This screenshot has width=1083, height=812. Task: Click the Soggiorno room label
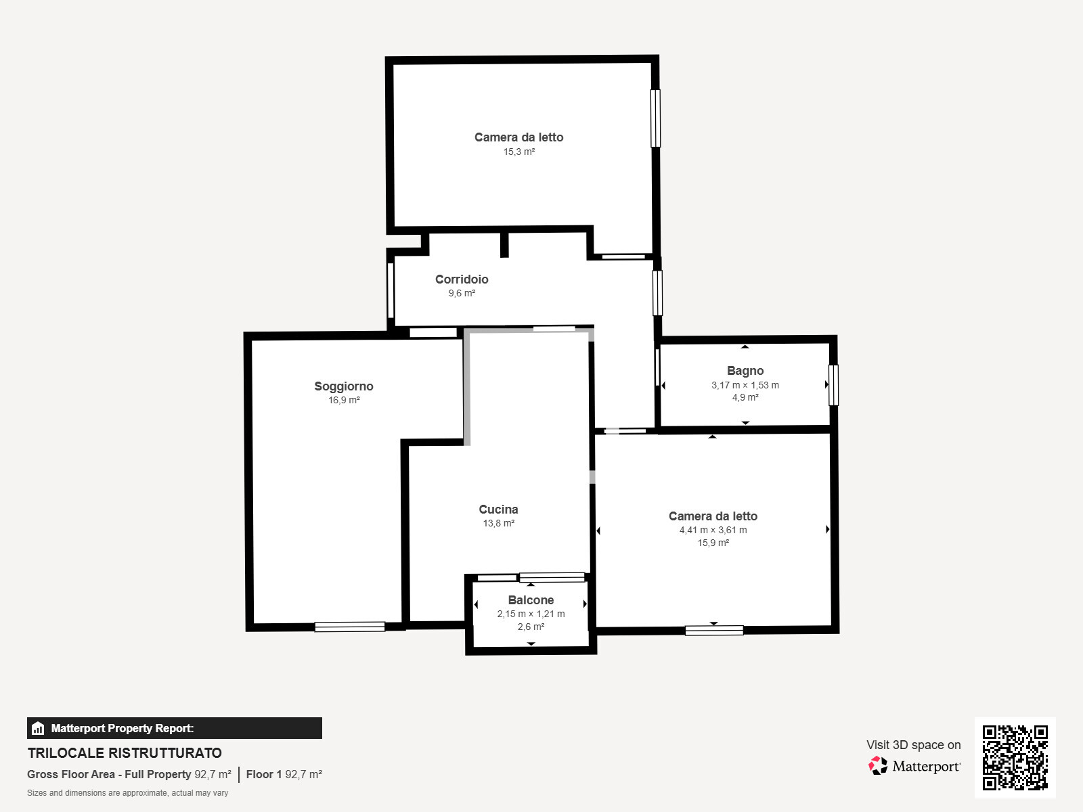344,386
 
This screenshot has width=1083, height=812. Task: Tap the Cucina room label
498,510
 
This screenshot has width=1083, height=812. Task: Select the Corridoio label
462,279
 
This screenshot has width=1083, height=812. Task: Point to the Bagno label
745,371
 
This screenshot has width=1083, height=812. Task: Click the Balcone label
531,600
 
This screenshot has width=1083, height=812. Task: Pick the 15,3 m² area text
519,152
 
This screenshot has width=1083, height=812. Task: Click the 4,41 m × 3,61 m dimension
713,530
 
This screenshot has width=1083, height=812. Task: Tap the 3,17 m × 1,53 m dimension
745,385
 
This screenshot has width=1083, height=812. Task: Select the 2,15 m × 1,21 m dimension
531,614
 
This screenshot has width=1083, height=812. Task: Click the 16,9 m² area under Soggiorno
344,400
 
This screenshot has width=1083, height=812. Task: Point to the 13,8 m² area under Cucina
498,523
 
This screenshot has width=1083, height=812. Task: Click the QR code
1015,758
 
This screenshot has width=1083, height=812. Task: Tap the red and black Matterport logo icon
878,766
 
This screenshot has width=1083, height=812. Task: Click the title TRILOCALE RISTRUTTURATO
125,753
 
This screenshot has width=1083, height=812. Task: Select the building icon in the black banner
38,728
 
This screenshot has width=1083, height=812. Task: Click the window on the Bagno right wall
833,385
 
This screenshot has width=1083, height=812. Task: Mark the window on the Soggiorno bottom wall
350,627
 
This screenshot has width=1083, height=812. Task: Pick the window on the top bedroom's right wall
655,118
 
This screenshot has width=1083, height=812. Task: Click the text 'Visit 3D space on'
914,745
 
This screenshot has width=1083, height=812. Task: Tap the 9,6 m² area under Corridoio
462,294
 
